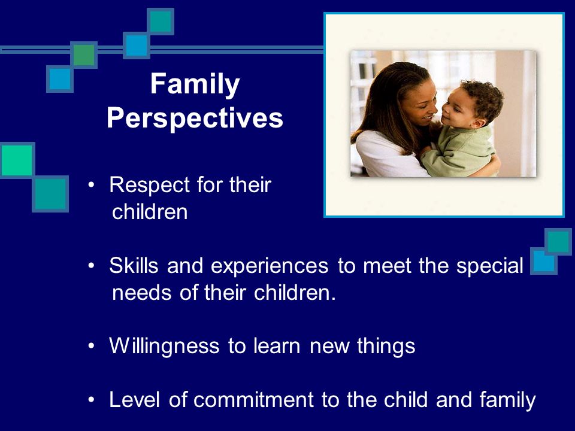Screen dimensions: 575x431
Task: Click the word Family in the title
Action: click(195, 85)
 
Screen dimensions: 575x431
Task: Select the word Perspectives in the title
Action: click(195, 118)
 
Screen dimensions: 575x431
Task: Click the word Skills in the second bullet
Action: click(134, 265)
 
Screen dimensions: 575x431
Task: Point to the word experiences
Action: click(270, 267)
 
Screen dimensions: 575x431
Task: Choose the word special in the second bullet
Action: click(489, 266)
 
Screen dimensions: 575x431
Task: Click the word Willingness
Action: click(164, 347)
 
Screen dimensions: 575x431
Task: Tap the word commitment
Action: click(253, 399)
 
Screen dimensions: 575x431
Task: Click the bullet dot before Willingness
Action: click(91, 345)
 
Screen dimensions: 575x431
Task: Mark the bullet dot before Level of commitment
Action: click(91, 399)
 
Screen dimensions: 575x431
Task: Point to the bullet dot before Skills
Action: click(91, 265)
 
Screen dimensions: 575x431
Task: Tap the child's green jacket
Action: click(458, 150)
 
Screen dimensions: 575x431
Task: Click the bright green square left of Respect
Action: click(17, 160)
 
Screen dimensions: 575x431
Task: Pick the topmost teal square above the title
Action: click(161, 22)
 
